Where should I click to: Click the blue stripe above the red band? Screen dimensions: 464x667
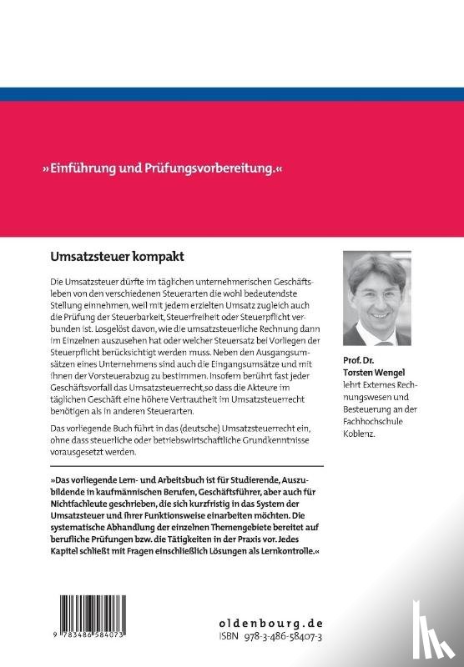(x=232, y=94)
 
